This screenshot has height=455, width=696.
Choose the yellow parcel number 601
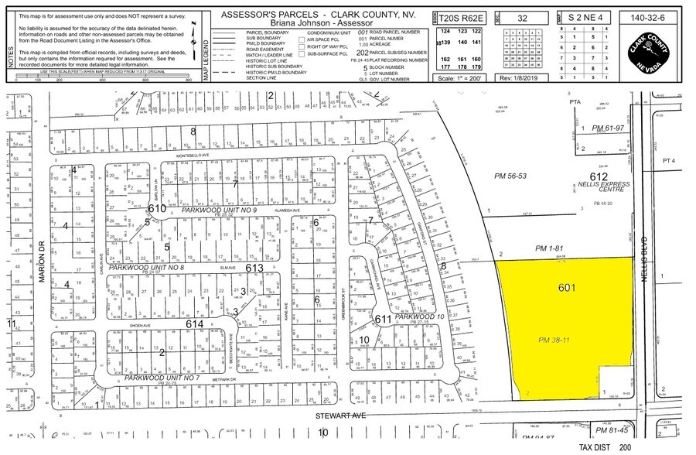(568, 288)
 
